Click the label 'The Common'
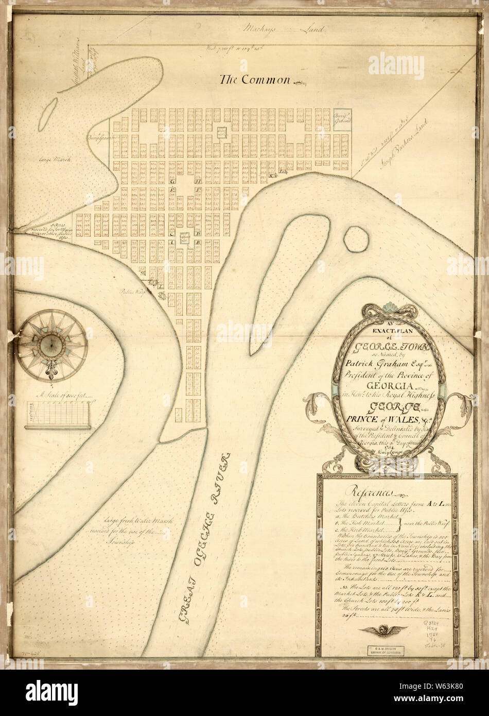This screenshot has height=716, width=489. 255,79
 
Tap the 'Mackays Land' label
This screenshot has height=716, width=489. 284,29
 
